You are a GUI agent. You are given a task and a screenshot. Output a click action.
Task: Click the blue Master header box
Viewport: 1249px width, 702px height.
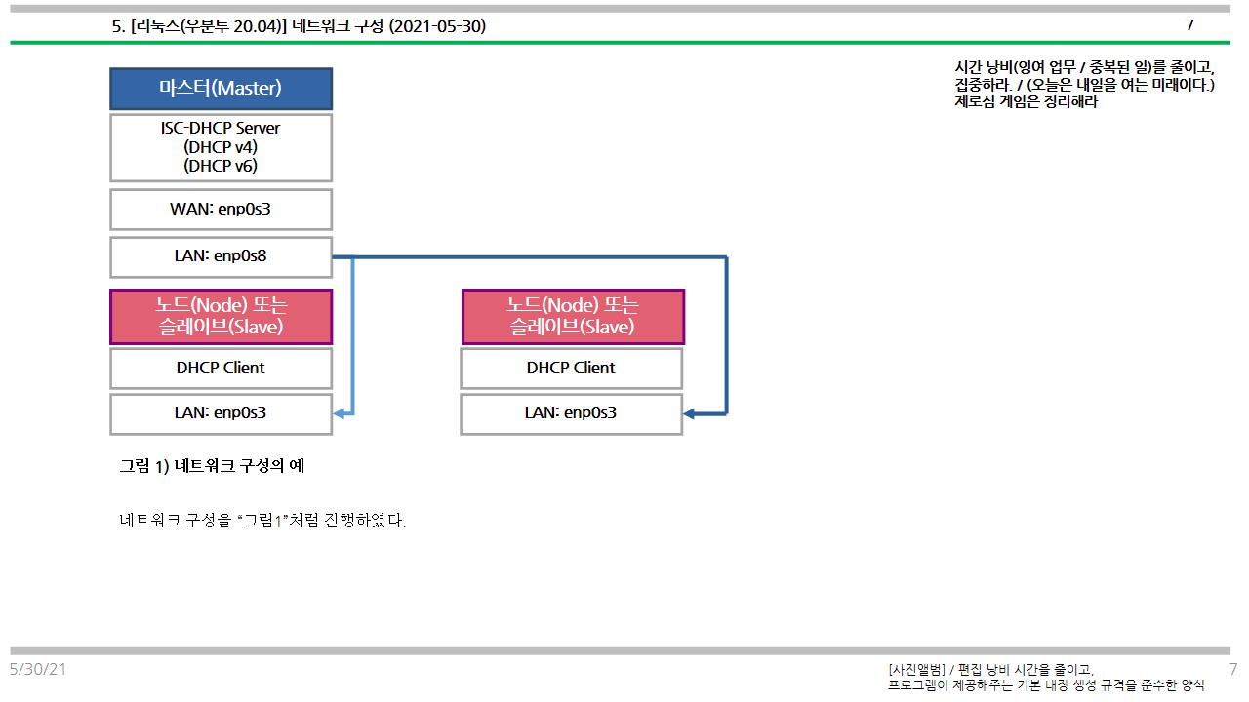221,89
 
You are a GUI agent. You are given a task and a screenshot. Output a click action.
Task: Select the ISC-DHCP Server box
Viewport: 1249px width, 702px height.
221,147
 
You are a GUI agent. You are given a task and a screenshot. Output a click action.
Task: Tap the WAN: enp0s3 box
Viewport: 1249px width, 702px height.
221,210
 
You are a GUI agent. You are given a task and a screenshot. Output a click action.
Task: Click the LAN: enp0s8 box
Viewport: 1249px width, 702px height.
221,257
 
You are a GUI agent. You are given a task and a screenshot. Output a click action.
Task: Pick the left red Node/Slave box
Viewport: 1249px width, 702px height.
221,316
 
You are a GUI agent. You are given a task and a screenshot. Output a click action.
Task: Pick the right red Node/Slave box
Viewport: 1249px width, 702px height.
573,316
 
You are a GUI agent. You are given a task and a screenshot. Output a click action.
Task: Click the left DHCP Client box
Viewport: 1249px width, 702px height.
221,369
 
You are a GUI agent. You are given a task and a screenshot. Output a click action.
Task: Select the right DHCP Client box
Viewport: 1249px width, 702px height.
571,369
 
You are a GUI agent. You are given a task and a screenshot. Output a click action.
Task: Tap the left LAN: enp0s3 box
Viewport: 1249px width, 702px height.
221,413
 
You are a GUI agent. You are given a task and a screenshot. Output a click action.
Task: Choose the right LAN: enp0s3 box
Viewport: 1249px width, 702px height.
571,413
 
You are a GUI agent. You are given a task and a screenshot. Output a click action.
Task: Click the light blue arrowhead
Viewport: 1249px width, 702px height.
339,414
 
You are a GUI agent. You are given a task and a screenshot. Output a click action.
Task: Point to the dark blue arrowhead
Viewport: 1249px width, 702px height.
689,414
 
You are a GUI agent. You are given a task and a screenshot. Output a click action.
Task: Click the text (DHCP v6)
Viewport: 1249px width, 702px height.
221,166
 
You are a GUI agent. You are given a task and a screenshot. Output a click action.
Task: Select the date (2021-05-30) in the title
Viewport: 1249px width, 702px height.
437,27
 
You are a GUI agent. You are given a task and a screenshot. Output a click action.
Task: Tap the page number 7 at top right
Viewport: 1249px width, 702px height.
1189,25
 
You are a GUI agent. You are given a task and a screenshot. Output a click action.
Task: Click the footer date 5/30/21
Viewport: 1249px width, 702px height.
38,669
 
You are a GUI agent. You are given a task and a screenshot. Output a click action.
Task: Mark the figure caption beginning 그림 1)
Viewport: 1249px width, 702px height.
212,466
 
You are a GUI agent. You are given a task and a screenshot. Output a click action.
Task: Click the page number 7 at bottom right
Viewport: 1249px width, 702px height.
1233,669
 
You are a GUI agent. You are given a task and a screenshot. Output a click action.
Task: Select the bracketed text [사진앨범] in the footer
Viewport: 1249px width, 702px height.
916,669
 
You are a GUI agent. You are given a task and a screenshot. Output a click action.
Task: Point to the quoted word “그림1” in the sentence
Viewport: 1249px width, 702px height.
263,521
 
